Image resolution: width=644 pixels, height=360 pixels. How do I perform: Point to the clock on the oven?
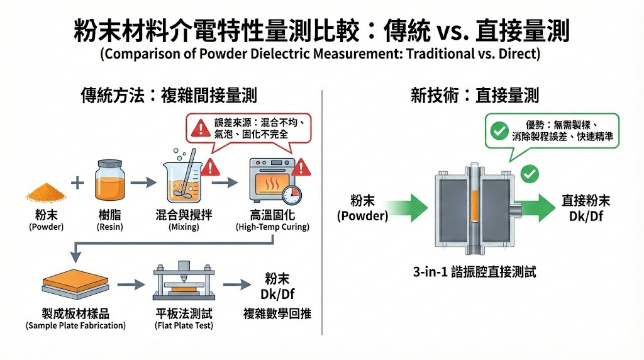291,194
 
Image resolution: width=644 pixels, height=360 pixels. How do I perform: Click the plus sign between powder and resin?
77,183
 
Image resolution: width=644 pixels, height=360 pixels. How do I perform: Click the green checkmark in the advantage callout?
499,130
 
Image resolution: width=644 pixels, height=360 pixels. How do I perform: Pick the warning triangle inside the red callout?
199,128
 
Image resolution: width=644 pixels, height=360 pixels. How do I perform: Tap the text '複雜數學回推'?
277,313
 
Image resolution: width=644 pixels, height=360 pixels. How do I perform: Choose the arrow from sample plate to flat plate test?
128,284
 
